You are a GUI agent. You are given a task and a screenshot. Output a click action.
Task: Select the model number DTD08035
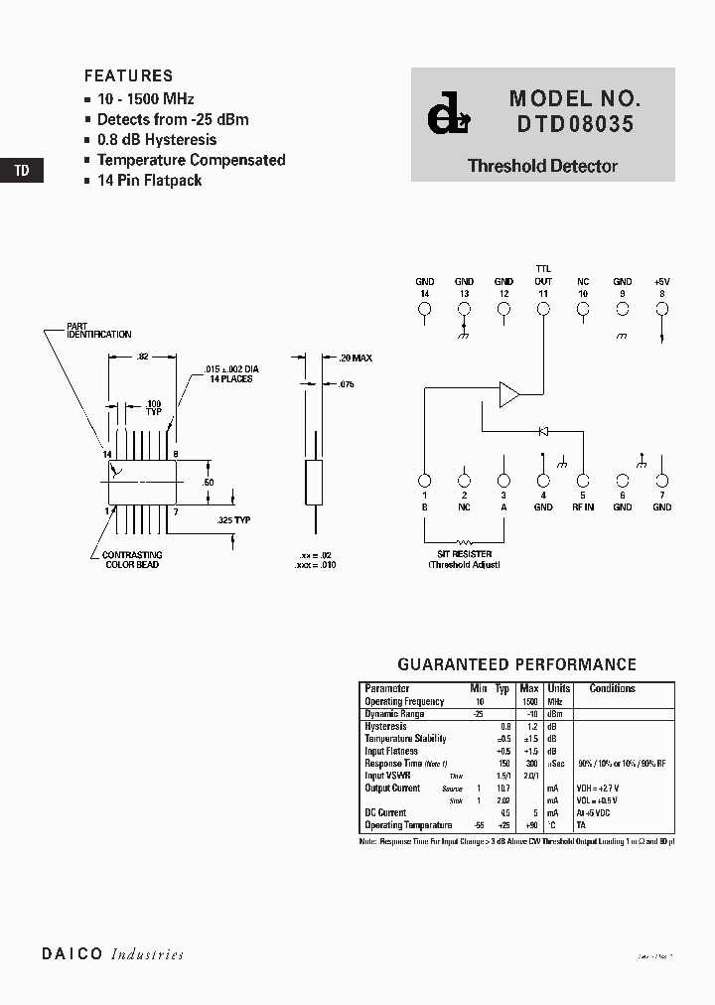pyautogui.click(x=573, y=126)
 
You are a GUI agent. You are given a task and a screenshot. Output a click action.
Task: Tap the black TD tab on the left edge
pyautogui.click(x=22, y=170)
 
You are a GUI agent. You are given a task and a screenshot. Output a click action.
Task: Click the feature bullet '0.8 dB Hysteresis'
pyautogui.click(x=157, y=140)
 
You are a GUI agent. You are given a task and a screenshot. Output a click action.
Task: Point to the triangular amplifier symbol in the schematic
pyautogui.click(x=508, y=393)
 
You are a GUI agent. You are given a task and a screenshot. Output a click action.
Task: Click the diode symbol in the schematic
pyautogui.click(x=542, y=431)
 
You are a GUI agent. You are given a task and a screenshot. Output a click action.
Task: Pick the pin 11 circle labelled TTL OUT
pyautogui.click(x=543, y=309)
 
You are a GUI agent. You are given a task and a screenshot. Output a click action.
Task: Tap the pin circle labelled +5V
pyautogui.click(x=662, y=309)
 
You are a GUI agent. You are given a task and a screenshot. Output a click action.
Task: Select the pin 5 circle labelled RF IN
pyautogui.click(x=583, y=480)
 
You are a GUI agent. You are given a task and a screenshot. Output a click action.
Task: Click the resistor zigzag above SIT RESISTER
pyautogui.click(x=464, y=543)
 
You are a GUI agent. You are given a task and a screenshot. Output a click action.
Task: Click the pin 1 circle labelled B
pyautogui.click(x=424, y=480)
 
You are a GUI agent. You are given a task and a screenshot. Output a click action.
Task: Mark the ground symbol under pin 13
pyautogui.click(x=464, y=336)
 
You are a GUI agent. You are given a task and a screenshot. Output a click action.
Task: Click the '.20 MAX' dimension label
pyautogui.click(x=354, y=358)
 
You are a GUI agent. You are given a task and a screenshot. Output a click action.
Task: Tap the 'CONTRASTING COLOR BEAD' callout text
pyautogui.click(x=133, y=560)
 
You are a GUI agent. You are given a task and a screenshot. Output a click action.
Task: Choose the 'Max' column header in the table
pyautogui.click(x=529, y=688)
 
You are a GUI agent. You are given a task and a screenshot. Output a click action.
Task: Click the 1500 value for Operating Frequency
pyautogui.click(x=529, y=701)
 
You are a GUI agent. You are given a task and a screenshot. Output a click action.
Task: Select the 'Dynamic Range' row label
pyautogui.click(x=394, y=714)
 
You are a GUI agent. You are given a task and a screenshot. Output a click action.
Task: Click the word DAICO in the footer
pyautogui.click(x=72, y=953)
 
